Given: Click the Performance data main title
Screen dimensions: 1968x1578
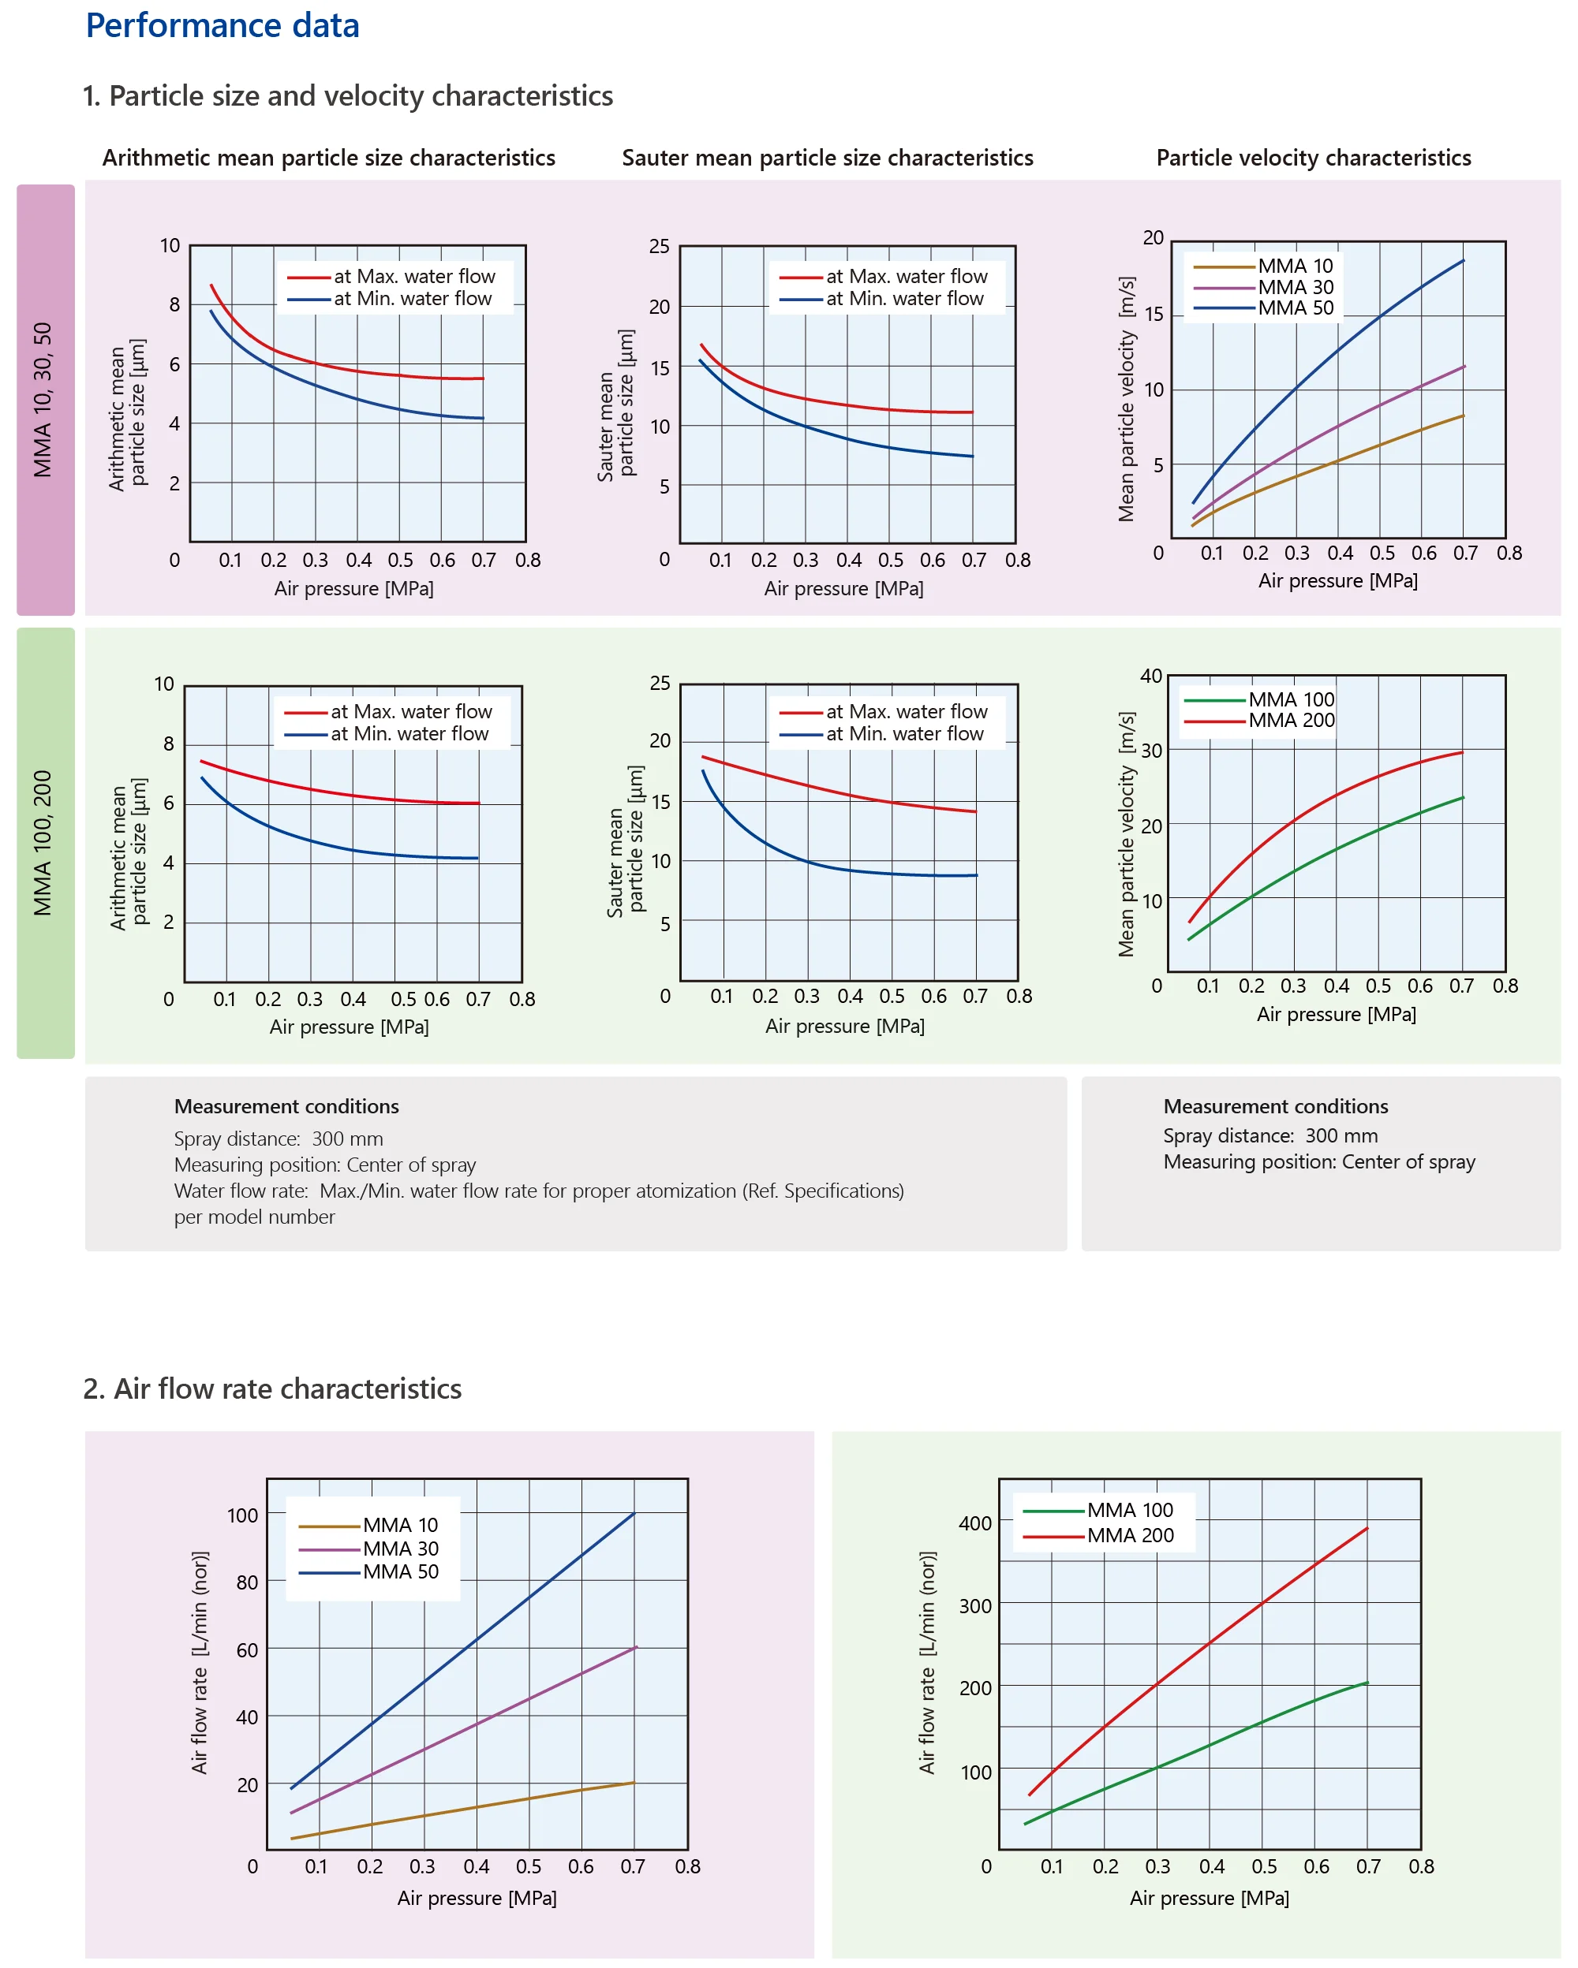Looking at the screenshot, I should click(222, 25).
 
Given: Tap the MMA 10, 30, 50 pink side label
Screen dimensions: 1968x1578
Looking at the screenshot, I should click(45, 399).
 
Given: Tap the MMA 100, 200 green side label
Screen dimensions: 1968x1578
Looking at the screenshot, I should click(45, 843).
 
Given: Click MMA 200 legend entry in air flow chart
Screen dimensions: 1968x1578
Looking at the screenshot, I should click(1130, 1535).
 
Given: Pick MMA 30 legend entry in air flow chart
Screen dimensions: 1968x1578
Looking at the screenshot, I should click(400, 1548).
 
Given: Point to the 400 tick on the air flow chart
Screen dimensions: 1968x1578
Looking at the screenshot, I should click(974, 1523).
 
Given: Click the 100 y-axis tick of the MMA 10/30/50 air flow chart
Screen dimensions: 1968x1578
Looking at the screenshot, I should click(242, 1515).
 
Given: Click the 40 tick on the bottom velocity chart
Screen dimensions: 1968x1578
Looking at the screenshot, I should click(1150, 676).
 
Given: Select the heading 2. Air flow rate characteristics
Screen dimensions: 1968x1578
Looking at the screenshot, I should click(272, 1388).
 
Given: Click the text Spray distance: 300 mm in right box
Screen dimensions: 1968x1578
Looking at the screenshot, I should click(1270, 1135).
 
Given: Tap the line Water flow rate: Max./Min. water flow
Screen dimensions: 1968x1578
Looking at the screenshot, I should click(538, 1191).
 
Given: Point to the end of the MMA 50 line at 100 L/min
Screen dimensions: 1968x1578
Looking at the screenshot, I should click(633, 1515).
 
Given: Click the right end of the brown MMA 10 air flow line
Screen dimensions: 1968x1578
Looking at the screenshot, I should click(633, 1783).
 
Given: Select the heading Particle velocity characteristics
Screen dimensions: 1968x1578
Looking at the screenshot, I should click(1313, 158).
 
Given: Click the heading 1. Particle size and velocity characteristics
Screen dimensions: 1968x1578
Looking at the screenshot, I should click(347, 96).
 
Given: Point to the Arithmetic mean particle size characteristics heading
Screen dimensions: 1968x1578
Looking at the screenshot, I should click(328, 158).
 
